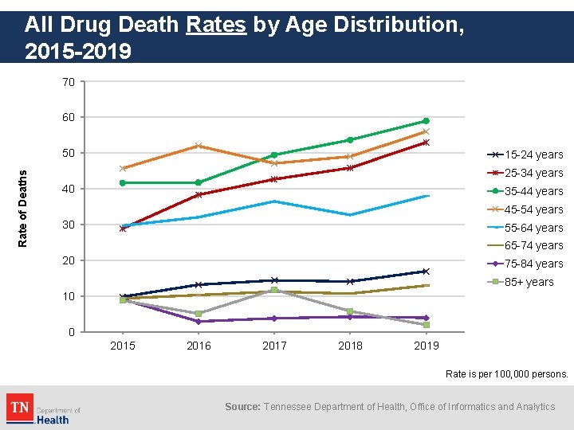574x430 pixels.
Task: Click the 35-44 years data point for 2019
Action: pyautogui.click(x=427, y=121)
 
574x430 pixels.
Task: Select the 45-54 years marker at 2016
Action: pyautogui.click(x=199, y=146)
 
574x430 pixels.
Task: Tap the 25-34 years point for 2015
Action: pyautogui.click(x=123, y=229)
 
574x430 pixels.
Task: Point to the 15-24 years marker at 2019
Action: pyautogui.click(x=427, y=272)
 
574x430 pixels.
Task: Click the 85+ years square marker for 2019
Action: pyautogui.click(x=427, y=325)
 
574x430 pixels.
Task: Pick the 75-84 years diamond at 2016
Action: pyautogui.click(x=199, y=321)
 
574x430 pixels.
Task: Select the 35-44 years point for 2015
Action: pyautogui.click(x=123, y=182)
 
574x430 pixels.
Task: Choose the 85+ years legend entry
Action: pyautogui.click(x=526, y=282)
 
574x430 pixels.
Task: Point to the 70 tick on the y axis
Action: pyautogui.click(x=69, y=82)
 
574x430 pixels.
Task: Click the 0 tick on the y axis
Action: pyautogui.click(x=72, y=332)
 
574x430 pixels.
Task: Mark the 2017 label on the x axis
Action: pyautogui.click(x=274, y=346)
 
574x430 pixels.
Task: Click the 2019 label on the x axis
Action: pyautogui.click(x=427, y=346)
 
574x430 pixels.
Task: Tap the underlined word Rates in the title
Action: pyautogui.click(x=216, y=25)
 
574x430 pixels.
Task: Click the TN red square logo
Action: pyautogui.click(x=20, y=407)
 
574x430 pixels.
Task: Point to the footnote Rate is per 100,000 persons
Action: pyautogui.click(x=506, y=373)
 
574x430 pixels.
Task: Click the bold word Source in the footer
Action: pyautogui.click(x=242, y=407)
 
